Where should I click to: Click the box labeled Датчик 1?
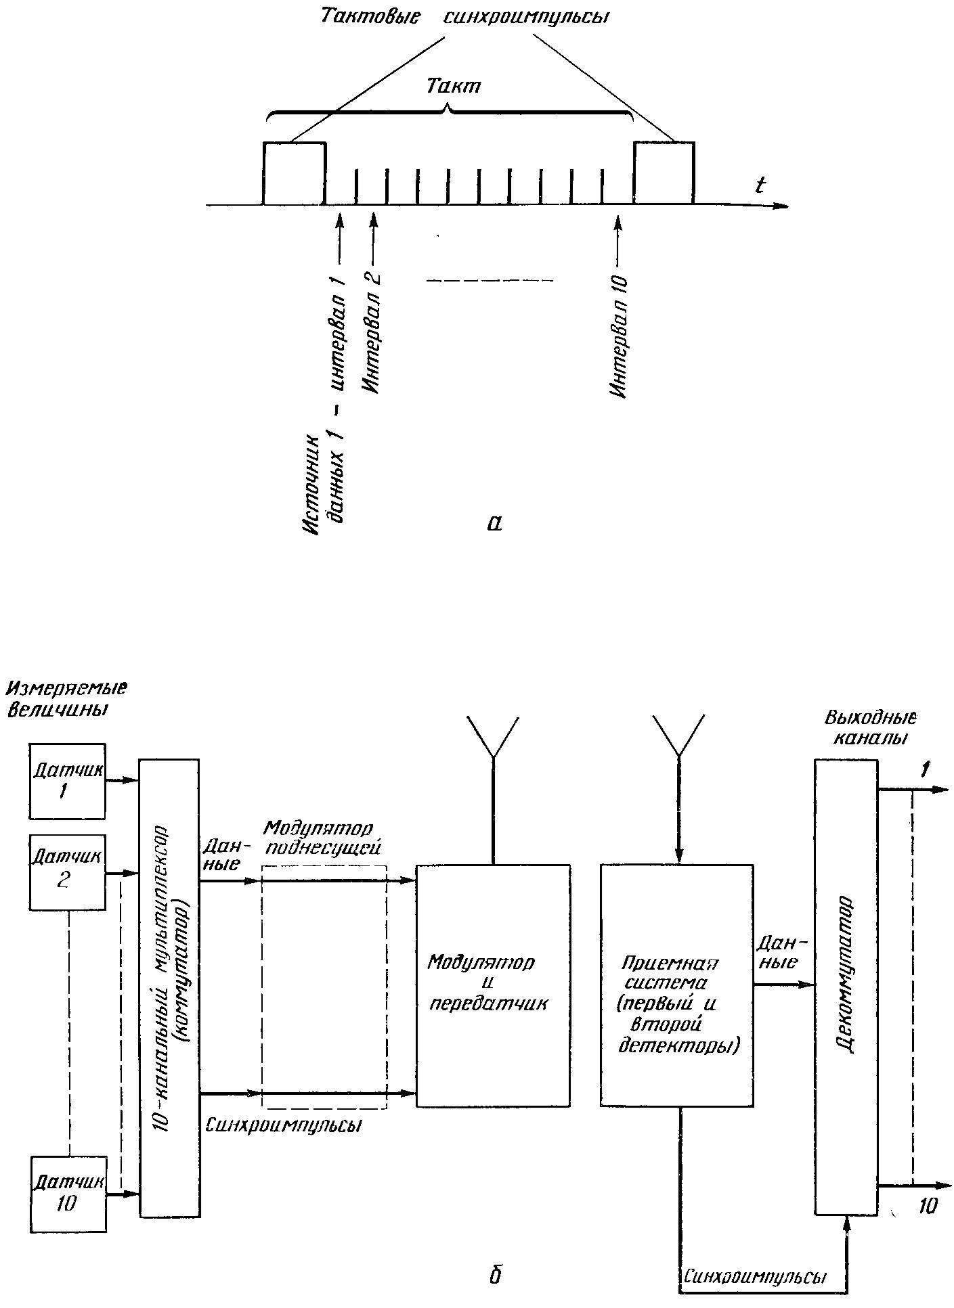tap(67, 781)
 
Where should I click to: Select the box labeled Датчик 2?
tap(67, 873)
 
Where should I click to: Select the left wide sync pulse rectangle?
tap(295, 173)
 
